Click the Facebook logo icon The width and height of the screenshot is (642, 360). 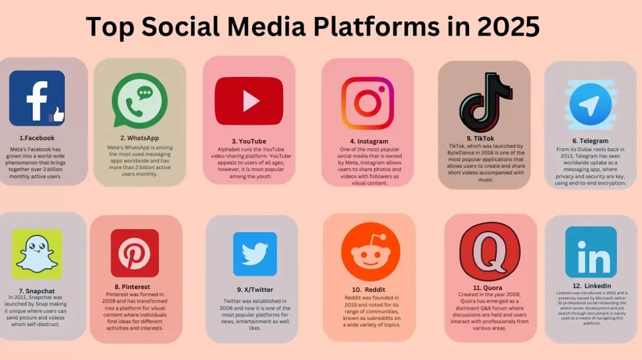[37, 98]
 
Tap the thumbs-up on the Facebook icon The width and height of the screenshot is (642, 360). [57, 115]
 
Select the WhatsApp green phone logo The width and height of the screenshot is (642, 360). [139, 101]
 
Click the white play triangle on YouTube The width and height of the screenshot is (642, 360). [251, 101]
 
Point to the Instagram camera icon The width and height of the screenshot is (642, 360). [367, 103]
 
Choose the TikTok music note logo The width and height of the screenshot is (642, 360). [485, 102]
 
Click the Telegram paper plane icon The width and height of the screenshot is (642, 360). [590, 104]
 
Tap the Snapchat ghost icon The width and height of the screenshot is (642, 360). [37, 254]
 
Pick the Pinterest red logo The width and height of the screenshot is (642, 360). [135, 253]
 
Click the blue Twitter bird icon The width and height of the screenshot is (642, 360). [255, 254]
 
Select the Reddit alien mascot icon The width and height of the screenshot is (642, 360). [371, 252]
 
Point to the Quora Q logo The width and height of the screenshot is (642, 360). [490, 252]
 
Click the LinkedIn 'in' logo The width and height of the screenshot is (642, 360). [591, 252]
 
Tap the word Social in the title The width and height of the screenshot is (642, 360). [181, 26]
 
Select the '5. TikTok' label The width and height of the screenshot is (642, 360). [480, 139]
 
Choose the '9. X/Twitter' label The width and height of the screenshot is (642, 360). [255, 289]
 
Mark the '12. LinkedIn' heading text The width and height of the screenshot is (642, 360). [591, 286]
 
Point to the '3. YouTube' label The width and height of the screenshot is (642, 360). [249, 141]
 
